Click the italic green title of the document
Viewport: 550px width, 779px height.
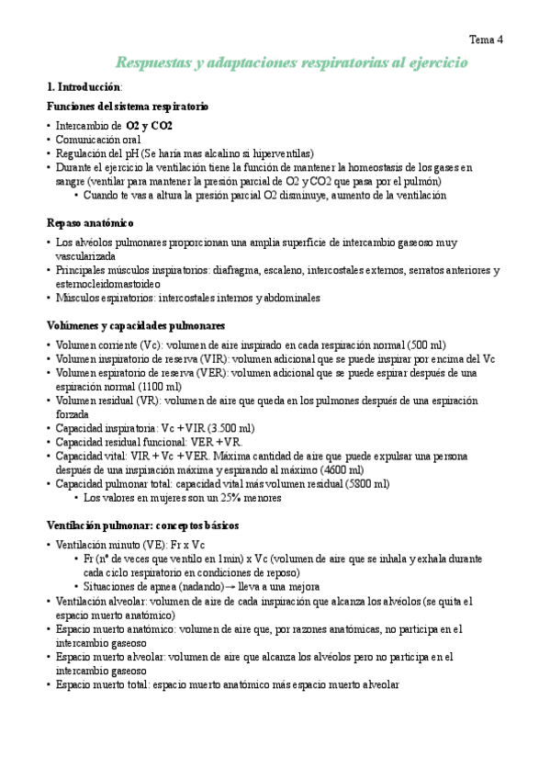292,62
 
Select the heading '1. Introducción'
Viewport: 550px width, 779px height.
84,86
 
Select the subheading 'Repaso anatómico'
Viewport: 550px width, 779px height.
90,222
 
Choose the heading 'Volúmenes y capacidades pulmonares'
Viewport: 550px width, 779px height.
136,325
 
